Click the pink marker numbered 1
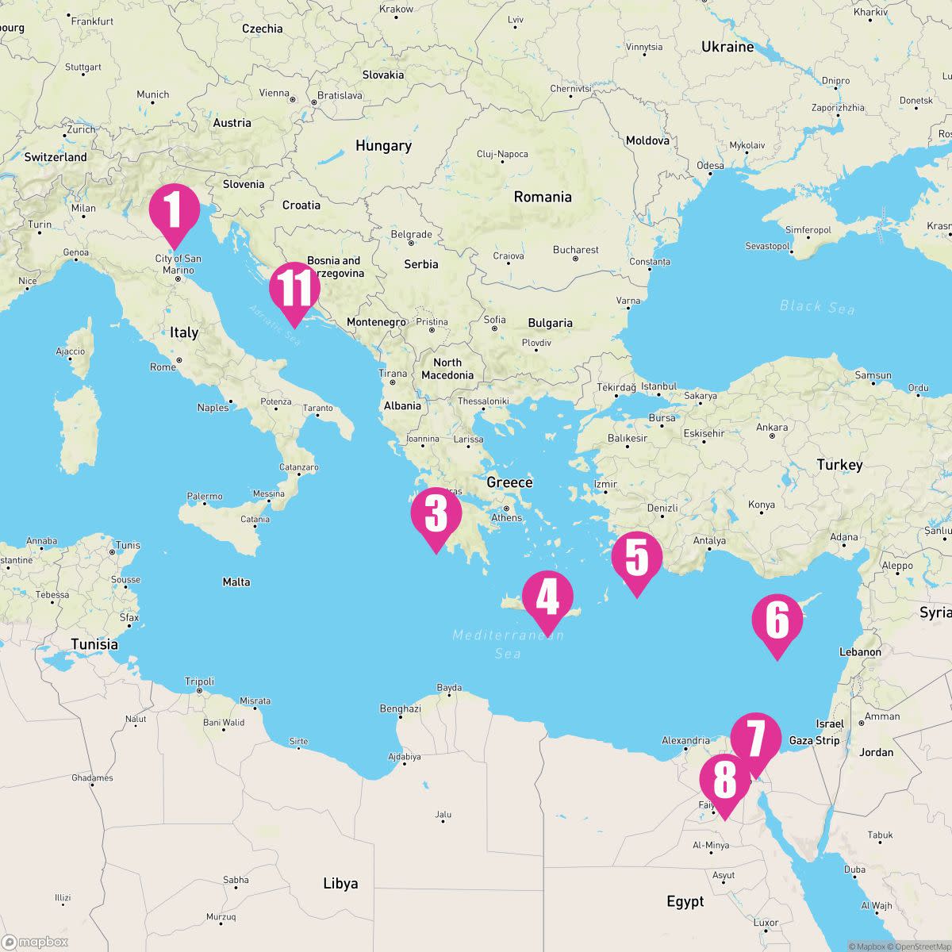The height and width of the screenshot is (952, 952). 175,209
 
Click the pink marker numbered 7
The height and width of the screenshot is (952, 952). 755,739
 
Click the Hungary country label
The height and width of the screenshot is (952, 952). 383,146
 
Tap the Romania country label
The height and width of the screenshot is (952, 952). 543,197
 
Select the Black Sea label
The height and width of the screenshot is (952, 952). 817,307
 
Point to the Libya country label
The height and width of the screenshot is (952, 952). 340,884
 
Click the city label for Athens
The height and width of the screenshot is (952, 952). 507,517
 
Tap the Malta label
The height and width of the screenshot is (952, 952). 236,582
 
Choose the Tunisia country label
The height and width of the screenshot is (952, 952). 94,644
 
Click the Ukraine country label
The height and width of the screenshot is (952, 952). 727,48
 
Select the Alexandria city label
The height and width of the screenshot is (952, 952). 685,741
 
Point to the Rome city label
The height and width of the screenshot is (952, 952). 163,367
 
